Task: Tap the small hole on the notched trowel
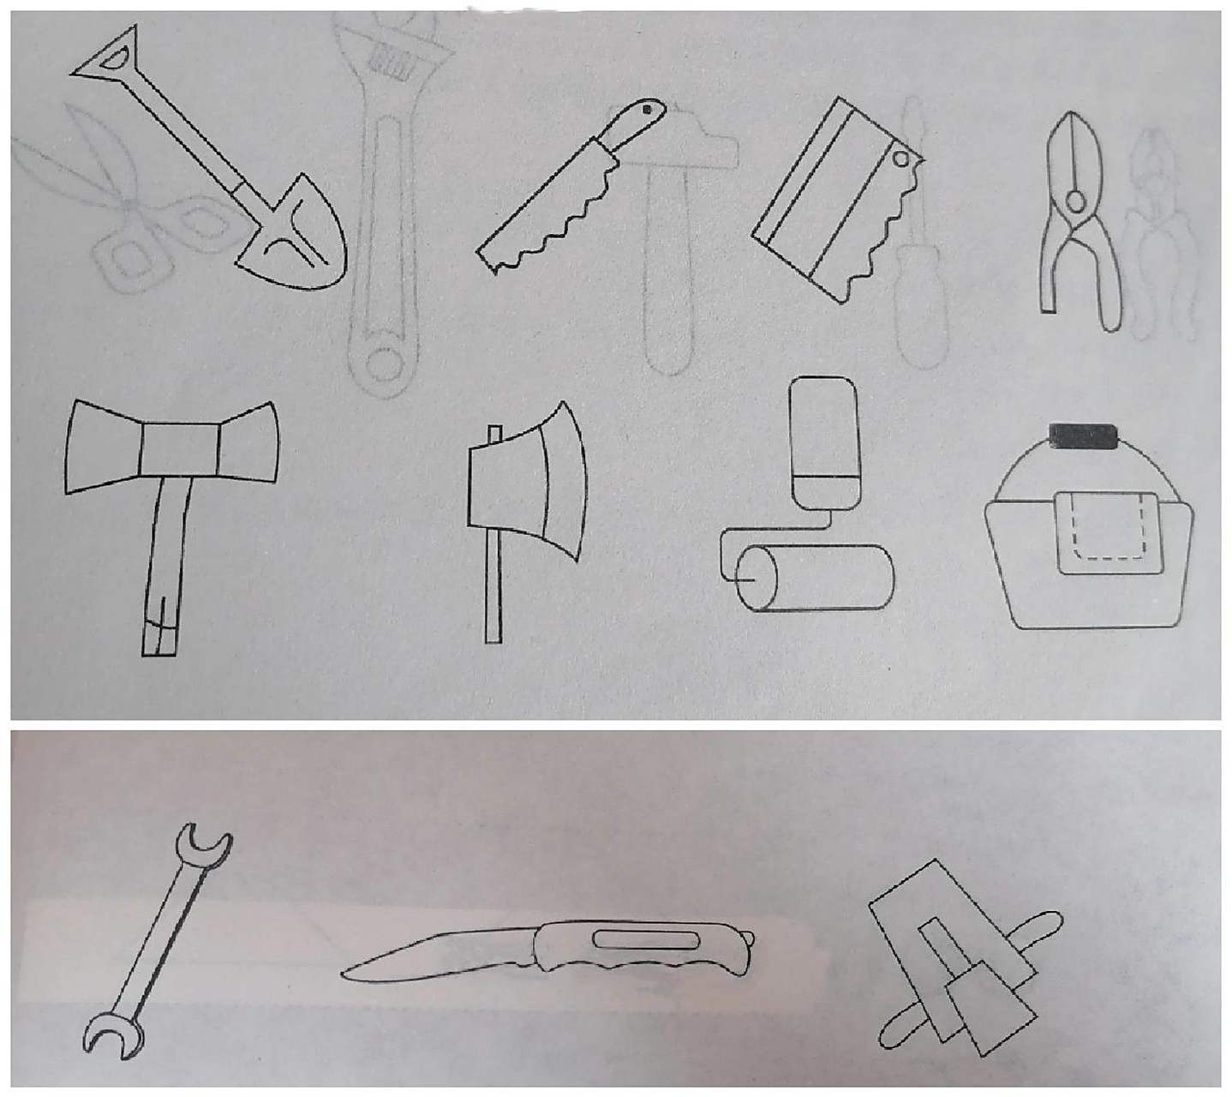pyautogui.click(x=901, y=159)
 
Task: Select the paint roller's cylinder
pyautogui.click(x=814, y=578)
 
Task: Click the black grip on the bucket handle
pyautogui.click(x=1086, y=436)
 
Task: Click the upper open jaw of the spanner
pyautogui.click(x=203, y=842)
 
